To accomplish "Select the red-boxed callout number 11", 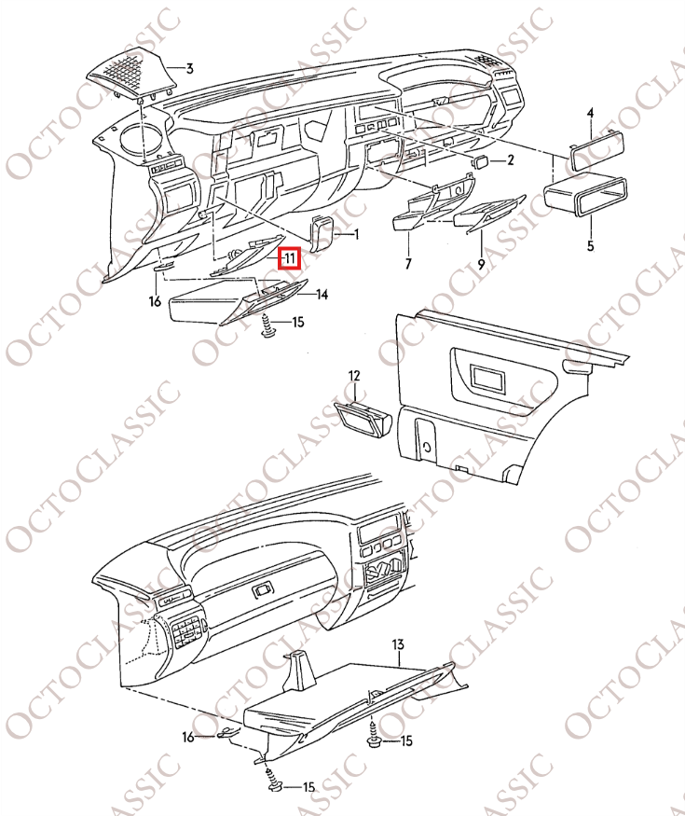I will [290, 256].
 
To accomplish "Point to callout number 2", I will [510, 160].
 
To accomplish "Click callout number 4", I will [589, 113].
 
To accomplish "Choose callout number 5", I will [589, 246].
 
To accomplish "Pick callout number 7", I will [407, 265].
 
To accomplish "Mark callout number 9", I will [481, 265].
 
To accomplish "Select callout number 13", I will [397, 644].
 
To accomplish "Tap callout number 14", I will [321, 295].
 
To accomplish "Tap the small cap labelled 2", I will [482, 161].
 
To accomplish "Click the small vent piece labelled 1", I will [323, 234].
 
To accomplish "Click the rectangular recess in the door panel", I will [487, 379].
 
